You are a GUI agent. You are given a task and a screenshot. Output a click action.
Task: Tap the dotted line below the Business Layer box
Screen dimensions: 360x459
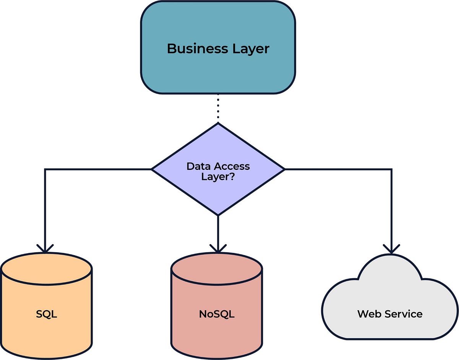[218, 108]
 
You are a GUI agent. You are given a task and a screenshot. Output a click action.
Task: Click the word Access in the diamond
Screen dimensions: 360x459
[232, 167]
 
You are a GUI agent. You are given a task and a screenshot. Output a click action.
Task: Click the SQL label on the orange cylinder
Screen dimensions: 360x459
[46, 314]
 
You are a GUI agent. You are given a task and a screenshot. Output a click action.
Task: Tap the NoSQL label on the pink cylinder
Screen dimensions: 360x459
[216, 314]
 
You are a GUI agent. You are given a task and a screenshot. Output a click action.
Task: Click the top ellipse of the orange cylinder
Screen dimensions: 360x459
[46, 269]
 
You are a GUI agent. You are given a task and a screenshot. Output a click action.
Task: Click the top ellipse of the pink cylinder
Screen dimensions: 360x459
[216, 269]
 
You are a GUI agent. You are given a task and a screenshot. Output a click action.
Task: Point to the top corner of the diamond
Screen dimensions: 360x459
[218, 124]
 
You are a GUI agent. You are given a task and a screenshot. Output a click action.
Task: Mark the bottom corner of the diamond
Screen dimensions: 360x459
[218, 215]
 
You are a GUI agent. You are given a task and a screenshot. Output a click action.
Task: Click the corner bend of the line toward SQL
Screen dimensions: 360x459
[45, 169]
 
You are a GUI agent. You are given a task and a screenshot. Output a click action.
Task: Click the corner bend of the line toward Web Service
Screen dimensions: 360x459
[391, 169]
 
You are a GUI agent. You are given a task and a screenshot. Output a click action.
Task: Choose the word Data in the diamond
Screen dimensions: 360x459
[199, 167]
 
